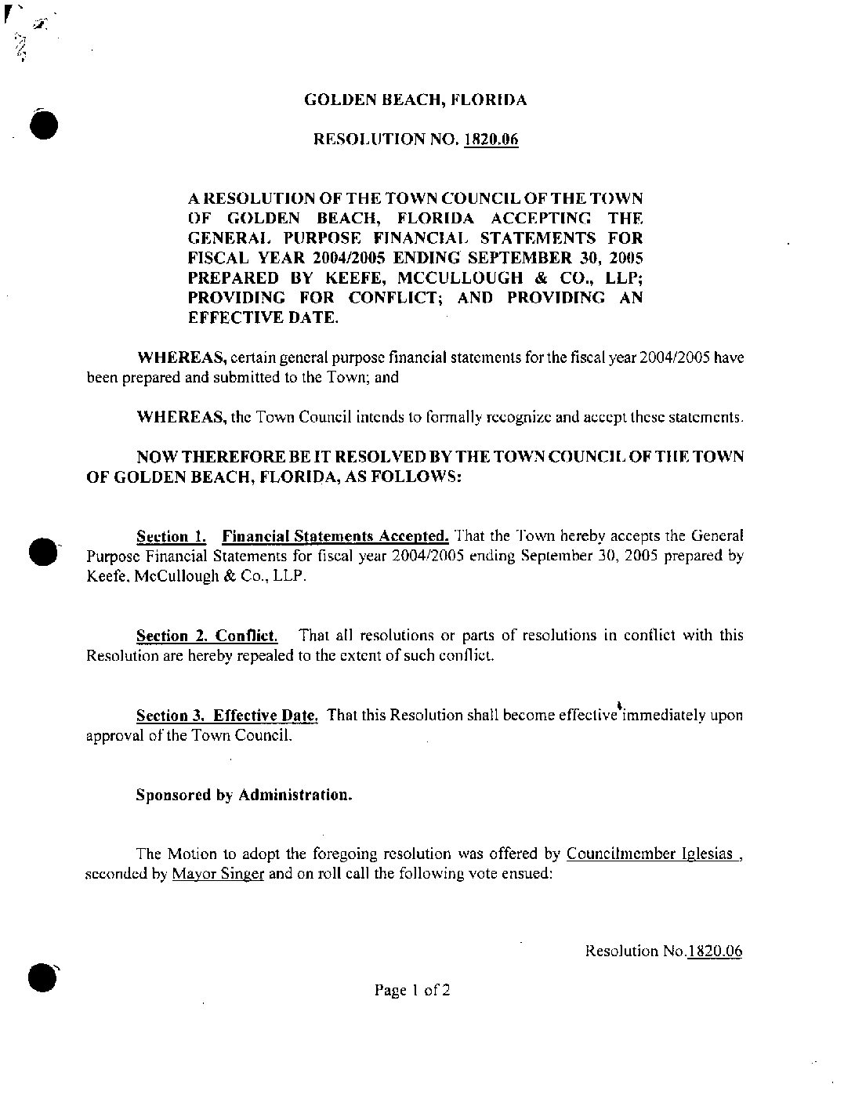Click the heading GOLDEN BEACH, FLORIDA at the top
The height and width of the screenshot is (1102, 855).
pyautogui.click(x=415, y=100)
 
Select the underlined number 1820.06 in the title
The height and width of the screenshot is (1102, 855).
pyautogui.click(x=491, y=140)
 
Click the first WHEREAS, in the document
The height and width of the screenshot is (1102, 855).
pyautogui.click(x=183, y=358)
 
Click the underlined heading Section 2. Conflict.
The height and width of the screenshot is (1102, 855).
pyautogui.click(x=207, y=636)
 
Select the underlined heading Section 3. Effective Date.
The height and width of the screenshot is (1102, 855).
pyautogui.click(x=227, y=715)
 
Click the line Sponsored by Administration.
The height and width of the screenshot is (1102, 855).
pyautogui.click(x=244, y=795)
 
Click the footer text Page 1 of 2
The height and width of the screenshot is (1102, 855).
pyautogui.click(x=412, y=990)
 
